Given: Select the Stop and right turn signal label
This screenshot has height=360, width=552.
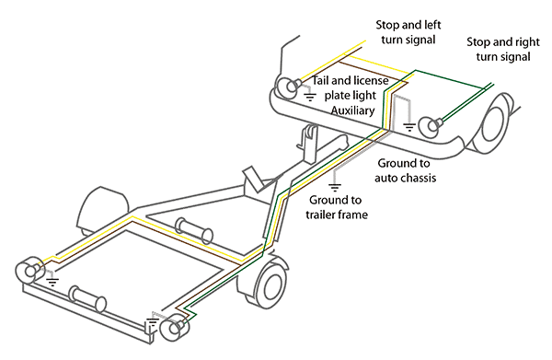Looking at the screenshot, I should (x=499, y=49).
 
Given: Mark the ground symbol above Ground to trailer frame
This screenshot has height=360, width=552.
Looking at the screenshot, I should (x=341, y=183).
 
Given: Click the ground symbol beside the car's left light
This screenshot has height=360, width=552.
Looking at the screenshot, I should (x=310, y=94).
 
